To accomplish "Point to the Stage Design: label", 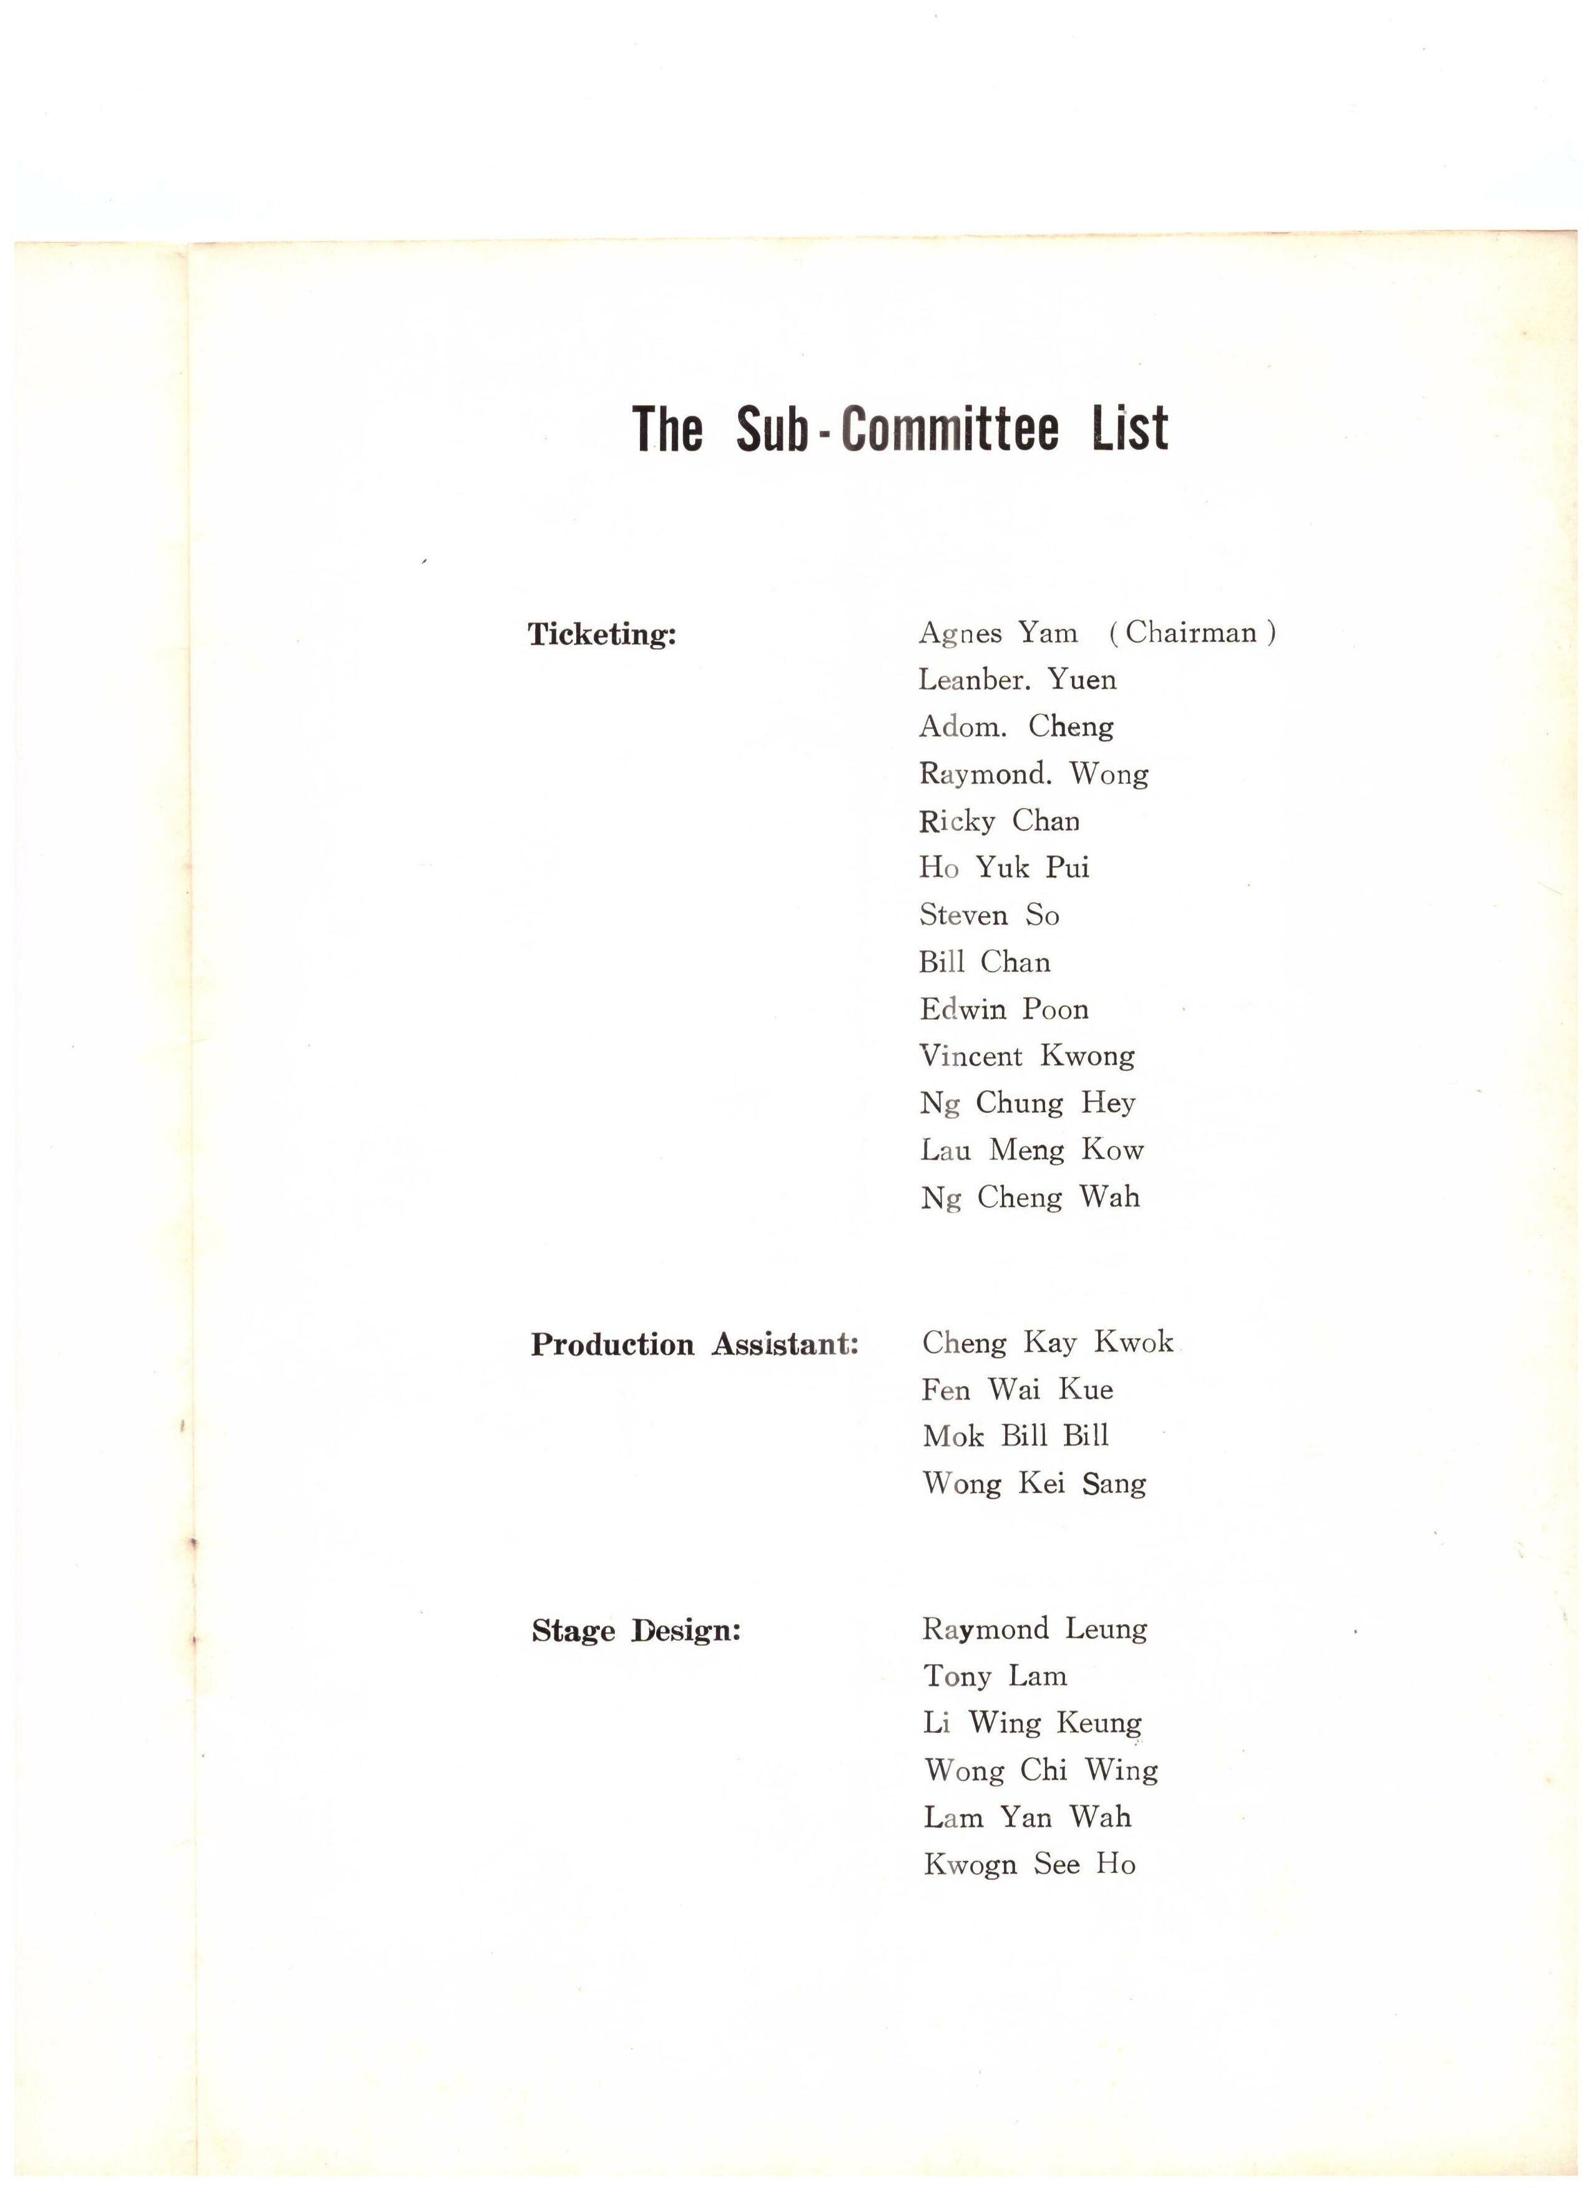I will (636, 1631).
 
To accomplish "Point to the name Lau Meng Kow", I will (1031, 1150).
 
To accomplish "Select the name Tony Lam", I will (995, 1675).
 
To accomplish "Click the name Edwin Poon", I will (1004, 1009).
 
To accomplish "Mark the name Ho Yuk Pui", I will (1004, 867).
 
